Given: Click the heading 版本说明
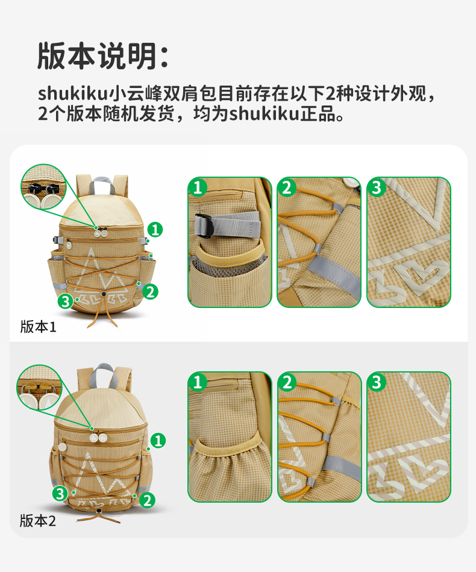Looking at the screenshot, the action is coord(98,56).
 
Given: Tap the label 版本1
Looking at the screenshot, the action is coord(39,327).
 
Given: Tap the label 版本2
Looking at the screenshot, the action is coord(38,521).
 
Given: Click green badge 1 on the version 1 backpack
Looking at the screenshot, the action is coord(155,230).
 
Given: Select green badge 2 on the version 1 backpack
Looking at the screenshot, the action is coord(150,292).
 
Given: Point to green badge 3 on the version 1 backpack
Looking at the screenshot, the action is coord(65,302).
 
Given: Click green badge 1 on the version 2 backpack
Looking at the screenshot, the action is coord(158,441).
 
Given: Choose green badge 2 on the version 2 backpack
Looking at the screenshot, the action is coord(147,500).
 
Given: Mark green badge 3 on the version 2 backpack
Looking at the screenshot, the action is coord(60,494).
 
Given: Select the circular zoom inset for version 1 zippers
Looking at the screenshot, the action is coord(43,187).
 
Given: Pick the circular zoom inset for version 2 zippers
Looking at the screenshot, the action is coord(39,388).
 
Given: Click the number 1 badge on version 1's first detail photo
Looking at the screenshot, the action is coord(198,187).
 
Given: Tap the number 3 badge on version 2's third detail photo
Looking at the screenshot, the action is coord(377,382).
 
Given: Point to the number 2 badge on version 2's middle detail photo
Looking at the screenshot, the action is coord(287,382).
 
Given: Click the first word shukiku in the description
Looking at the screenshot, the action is coord(72,93).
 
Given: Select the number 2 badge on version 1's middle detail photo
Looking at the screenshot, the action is coord(287,187).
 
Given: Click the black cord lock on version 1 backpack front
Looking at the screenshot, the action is coord(104,294).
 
